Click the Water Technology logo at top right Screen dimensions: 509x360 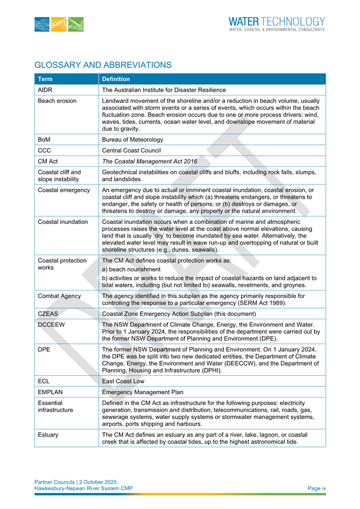276,24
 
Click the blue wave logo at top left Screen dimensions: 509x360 59,25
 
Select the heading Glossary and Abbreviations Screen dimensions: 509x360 103,65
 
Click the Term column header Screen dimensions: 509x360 45,79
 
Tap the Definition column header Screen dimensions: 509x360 116,79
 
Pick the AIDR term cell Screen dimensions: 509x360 45,90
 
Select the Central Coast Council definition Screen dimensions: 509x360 131,150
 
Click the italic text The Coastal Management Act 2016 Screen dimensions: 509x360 149,161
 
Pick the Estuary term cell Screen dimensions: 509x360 48,434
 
